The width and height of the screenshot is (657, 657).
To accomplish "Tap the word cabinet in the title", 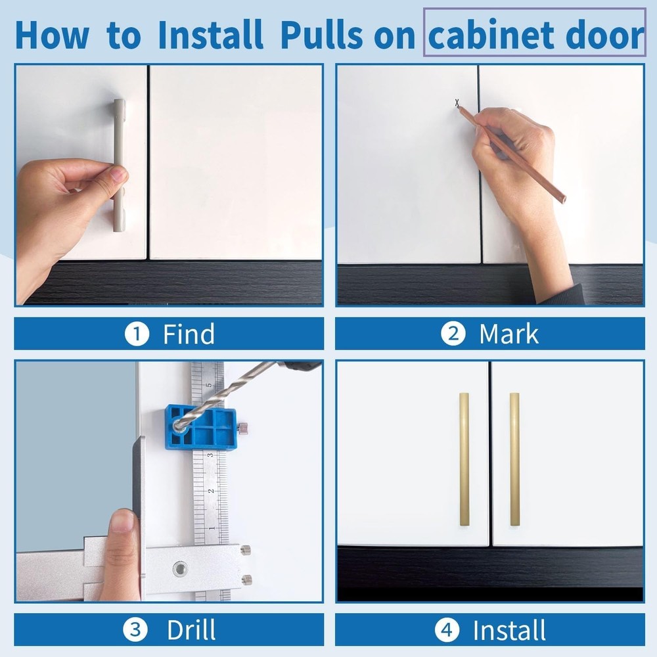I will point(496,35).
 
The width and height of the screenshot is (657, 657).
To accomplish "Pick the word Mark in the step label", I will point(509,334).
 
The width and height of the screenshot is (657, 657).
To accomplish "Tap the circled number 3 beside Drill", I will point(135,630).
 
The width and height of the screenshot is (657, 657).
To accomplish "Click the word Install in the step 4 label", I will point(509,630).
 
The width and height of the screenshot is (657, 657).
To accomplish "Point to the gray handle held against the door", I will point(119,164).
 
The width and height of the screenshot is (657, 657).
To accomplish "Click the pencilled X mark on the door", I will point(457,102).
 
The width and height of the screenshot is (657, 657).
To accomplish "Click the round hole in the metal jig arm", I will point(179,568).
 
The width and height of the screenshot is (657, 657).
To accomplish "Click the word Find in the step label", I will point(189,334).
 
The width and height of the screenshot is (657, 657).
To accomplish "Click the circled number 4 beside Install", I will point(446,630).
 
